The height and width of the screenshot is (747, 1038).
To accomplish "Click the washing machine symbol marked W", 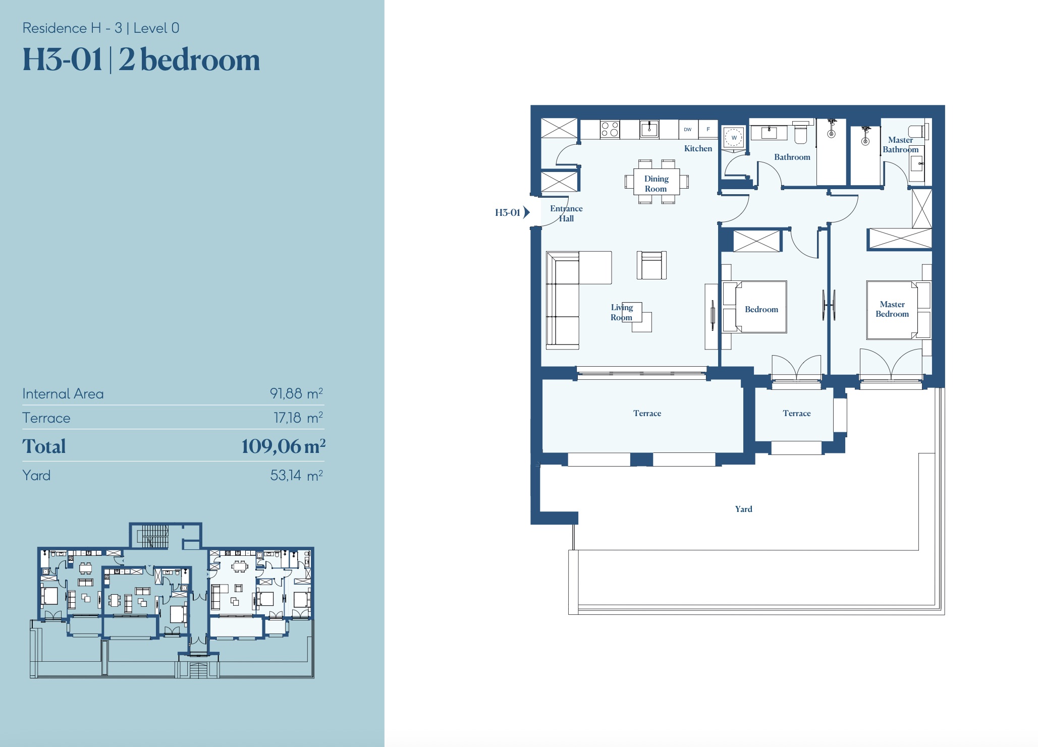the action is pos(734,137).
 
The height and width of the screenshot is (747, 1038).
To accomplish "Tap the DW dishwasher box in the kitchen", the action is pos(688,129).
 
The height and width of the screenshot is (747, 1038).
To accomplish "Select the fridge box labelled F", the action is pos(707,129).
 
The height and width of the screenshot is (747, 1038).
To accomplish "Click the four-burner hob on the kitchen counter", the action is pos(610,129).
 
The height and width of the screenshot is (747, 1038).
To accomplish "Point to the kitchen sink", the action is pos(649,129).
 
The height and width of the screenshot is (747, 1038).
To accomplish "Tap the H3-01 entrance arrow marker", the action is pos(526,212).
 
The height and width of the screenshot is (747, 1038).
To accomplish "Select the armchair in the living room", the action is pos(651,265).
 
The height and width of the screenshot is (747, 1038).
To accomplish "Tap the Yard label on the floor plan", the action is pos(743,509).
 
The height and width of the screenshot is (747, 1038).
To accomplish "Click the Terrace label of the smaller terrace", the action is pos(796,413).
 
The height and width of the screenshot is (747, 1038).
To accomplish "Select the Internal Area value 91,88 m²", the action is pos(296,393).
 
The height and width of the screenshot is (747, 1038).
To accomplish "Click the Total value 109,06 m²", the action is pos(283,446).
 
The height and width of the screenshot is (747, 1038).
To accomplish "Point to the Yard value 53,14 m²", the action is pos(296,475).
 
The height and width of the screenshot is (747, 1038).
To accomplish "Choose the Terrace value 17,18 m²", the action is pos(298,418).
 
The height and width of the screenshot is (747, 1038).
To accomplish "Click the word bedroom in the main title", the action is pos(200,60).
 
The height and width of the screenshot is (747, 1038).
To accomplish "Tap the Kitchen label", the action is pos(698,148).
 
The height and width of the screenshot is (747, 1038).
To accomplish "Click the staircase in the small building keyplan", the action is pos(155,536).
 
